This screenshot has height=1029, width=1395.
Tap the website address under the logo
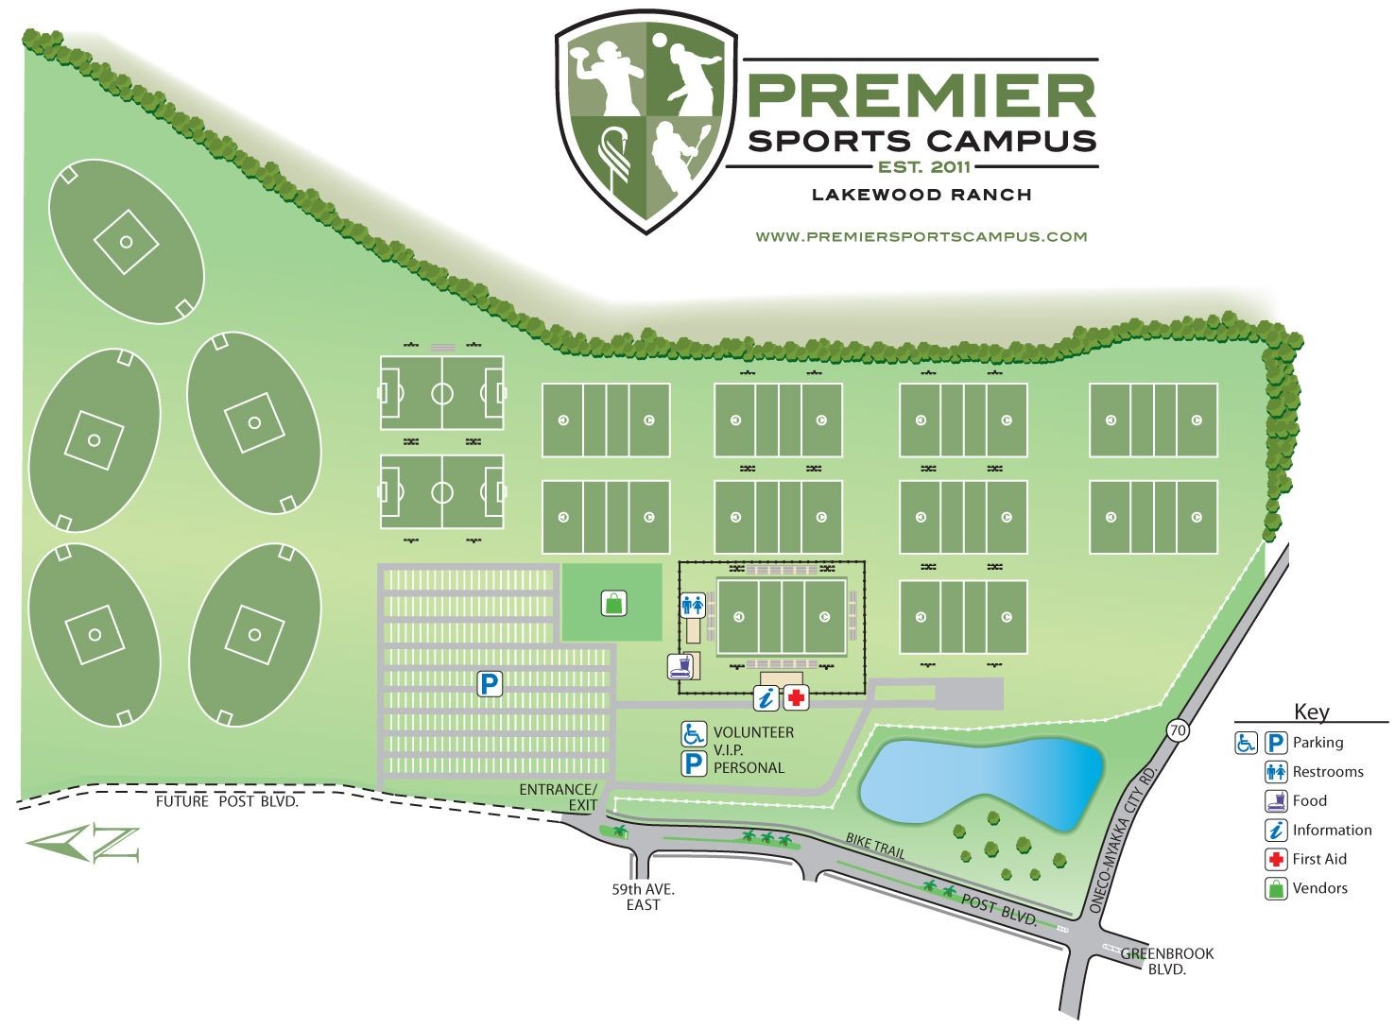(921, 236)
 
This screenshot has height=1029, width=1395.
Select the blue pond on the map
(983, 780)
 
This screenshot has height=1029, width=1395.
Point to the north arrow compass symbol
(83, 843)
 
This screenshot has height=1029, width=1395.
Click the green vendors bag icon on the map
(612, 601)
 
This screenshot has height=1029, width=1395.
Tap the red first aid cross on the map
(797, 698)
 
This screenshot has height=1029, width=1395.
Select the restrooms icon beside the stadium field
(693, 606)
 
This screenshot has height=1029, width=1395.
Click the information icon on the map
(766, 698)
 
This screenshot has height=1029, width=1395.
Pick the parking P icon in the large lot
(489, 683)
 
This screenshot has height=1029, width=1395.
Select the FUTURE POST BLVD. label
(227, 802)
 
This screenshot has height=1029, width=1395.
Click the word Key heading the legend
(1311, 712)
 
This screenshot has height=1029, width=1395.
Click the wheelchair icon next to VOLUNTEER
(695, 732)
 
